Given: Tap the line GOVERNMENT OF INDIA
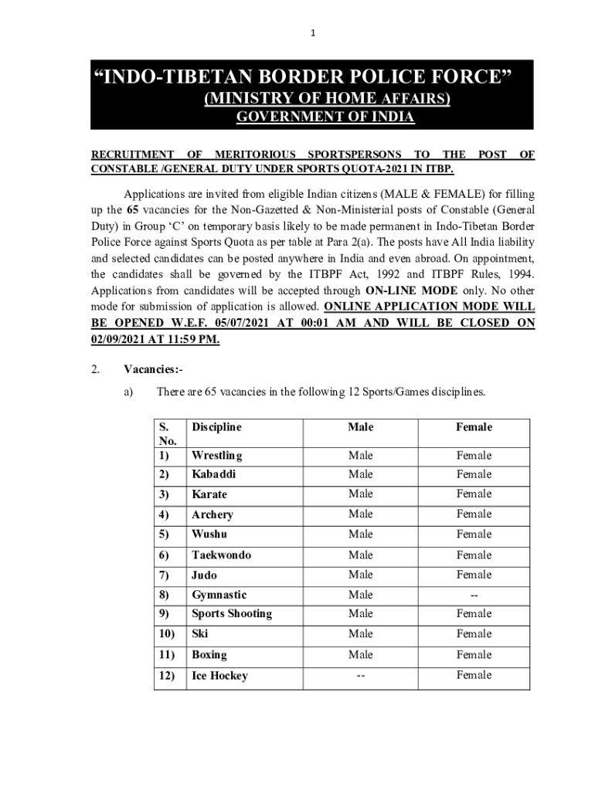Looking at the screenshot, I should tap(325, 117).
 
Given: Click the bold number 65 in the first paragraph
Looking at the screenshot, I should tap(133, 209).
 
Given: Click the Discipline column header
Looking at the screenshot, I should tap(216, 427).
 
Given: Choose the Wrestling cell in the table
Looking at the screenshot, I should tap(216, 456).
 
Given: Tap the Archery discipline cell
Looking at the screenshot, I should tap(212, 514).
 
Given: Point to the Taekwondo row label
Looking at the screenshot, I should tap(221, 555).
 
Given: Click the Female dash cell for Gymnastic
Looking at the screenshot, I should tap(474, 595).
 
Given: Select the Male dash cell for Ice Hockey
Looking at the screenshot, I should tap(360, 675).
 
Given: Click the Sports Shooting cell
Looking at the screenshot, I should tap(232, 614).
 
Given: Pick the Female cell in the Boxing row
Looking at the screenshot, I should tap(474, 655).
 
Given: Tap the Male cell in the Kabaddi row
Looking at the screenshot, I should tap(360, 474).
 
